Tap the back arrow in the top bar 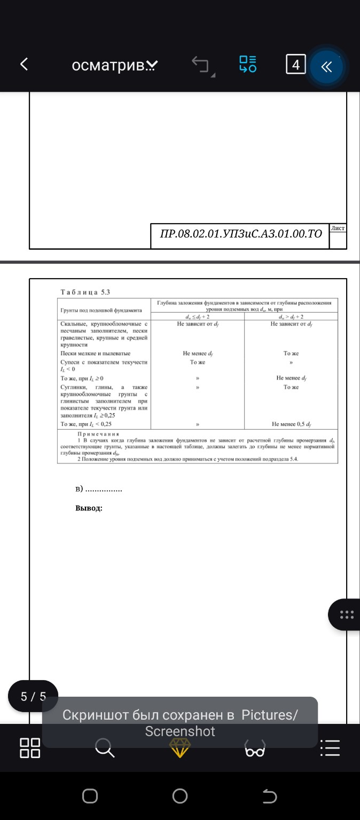pyautogui.click(x=24, y=65)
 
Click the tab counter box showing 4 pyautogui.click(x=295, y=65)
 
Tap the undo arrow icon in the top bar pyautogui.click(x=201, y=65)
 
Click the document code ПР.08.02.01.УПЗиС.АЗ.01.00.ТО pyautogui.click(x=241, y=233)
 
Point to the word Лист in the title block pyautogui.click(x=338, y=228)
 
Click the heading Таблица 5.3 pyautogui.click(x=85, y=291)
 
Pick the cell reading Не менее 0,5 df pyautogui.click(x=291, y=424)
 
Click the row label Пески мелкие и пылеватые pyautogui.click(x=96, y=353)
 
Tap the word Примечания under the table pyautogui.click(x=98, y=433)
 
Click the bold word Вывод pyautogui.click(x=89, y=508)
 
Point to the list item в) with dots pyautogui.click(x=99, y=489)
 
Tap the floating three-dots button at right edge pyautogui.click(x=347, y=614)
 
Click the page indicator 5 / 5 pyautogui.click(x=33, y=696)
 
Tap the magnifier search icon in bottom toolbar pyautogui.click(x=105, y=748)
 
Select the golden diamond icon pyautogui.click(x=179, y=748)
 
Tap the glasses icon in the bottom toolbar pyautogui.click(x=255, y=749)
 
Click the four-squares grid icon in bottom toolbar pyautogui.click(x=30, y=748)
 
